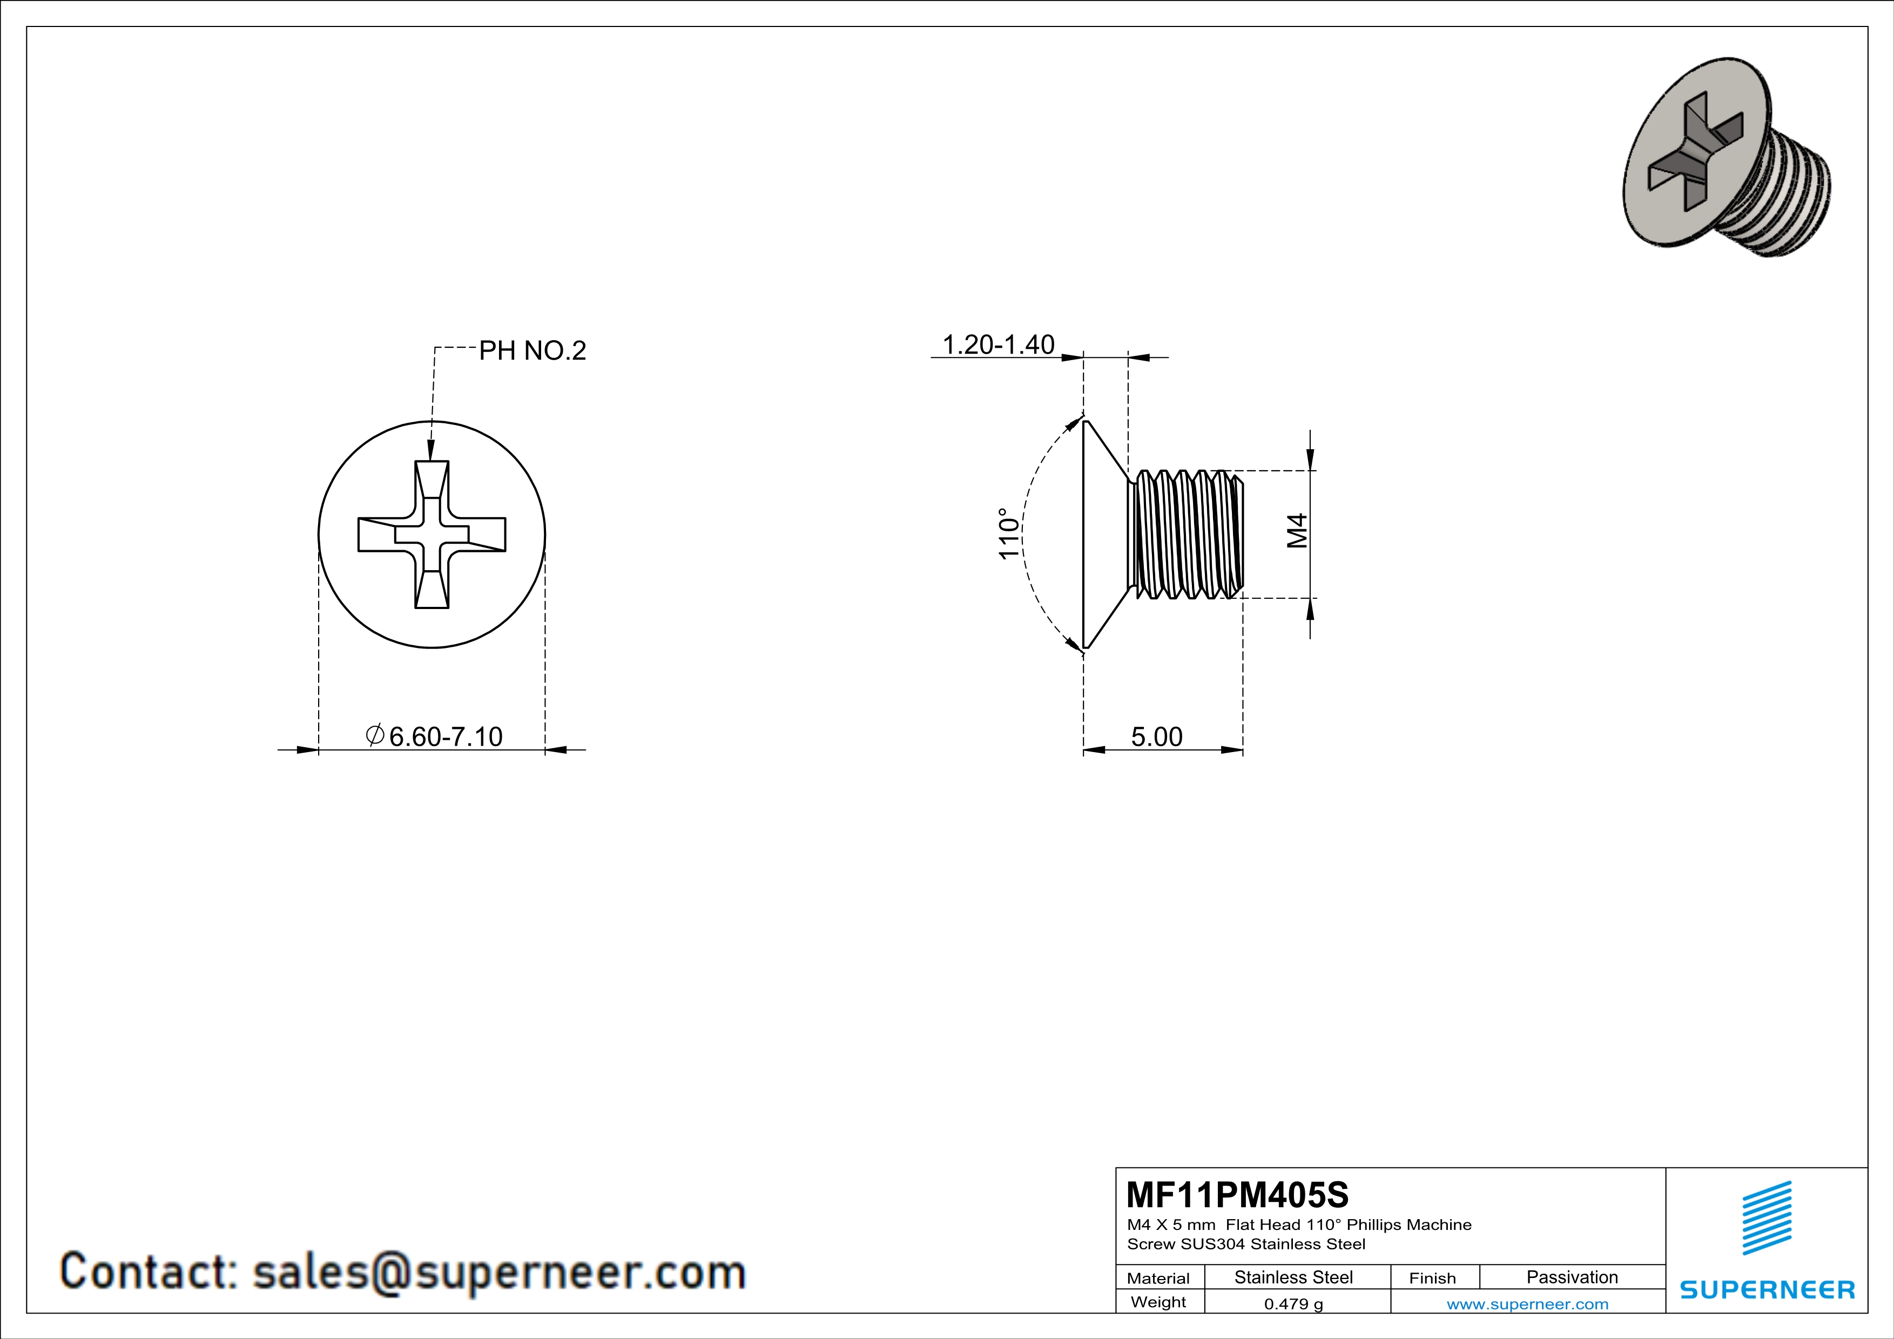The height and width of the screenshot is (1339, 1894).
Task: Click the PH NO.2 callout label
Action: point(532,351)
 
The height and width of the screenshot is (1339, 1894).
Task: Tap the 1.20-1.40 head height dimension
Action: point(998,344)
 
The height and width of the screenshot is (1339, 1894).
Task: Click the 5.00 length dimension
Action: point(1156,736)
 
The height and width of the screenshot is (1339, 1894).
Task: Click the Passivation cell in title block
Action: point(1572,1277)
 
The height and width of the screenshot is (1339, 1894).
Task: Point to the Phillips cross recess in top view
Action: point(432,535)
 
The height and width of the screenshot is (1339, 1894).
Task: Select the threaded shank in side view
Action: point(1186,535)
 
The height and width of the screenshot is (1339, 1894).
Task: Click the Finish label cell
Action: point(1432,1278)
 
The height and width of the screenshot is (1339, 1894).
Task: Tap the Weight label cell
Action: point(1158,1302)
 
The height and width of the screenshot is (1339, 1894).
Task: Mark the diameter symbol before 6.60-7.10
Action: point(374,735)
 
